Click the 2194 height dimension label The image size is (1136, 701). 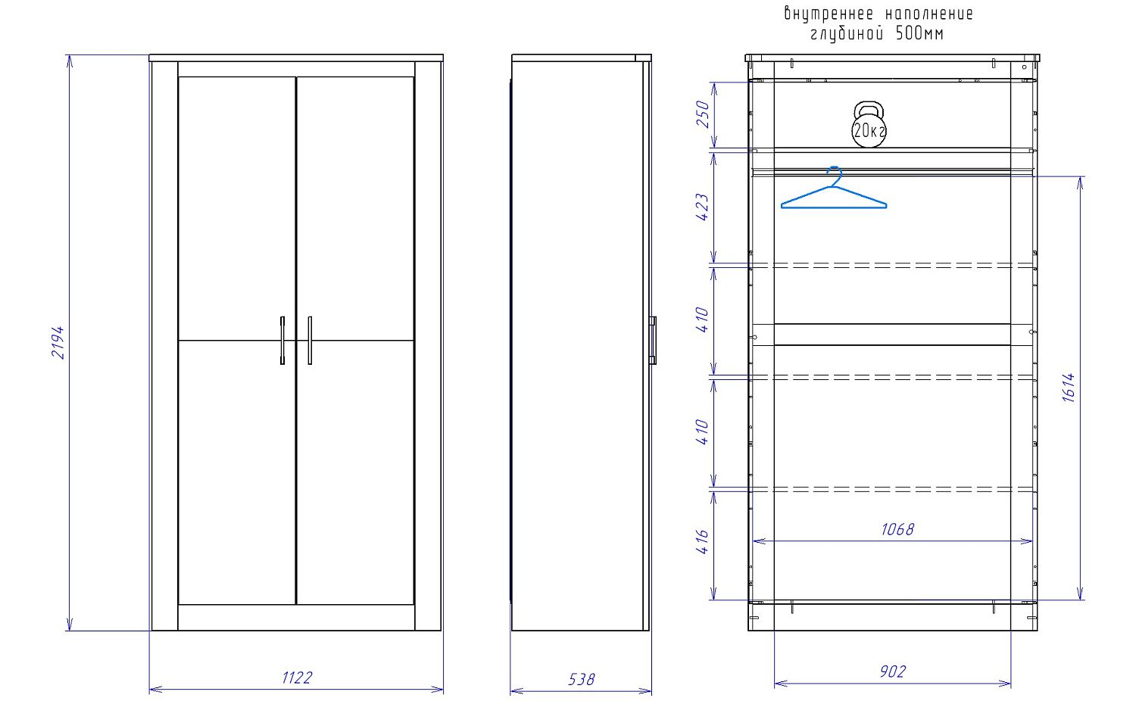click(58, 342)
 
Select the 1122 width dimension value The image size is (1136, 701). click(297, 678)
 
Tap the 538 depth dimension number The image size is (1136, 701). click(581, 679)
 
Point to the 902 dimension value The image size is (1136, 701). click(893, 671)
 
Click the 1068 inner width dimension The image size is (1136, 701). click(897, 529)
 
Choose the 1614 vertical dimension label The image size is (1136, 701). click(1069, 388)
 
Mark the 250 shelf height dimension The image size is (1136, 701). click(702, 114)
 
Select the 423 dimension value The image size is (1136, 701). click(702, 207)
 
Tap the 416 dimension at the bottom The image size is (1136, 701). click(702, 541)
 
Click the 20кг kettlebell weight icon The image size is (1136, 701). click(869, 125)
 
